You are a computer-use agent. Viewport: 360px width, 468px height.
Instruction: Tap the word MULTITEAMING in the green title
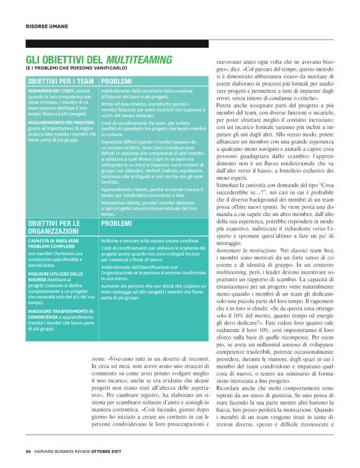point(138,60)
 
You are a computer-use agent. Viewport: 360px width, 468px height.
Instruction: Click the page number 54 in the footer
point(29,451)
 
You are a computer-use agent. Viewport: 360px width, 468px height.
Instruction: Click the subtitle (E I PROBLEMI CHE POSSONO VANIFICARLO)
point(73,68)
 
